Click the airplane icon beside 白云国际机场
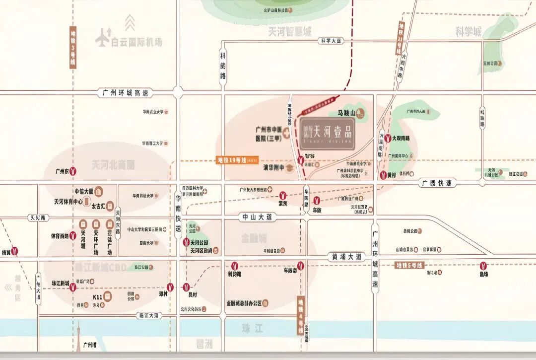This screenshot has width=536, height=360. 103,38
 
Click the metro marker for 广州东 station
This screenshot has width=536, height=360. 73,171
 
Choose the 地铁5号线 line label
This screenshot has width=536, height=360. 409,265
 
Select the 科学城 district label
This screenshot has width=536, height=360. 469,32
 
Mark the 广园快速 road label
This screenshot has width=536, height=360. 437,183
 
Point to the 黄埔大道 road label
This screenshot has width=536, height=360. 344,257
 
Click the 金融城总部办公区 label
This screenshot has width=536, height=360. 244,302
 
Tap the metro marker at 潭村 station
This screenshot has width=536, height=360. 171,287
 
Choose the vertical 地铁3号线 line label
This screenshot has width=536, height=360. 73,46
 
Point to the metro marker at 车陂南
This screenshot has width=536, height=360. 300,265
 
